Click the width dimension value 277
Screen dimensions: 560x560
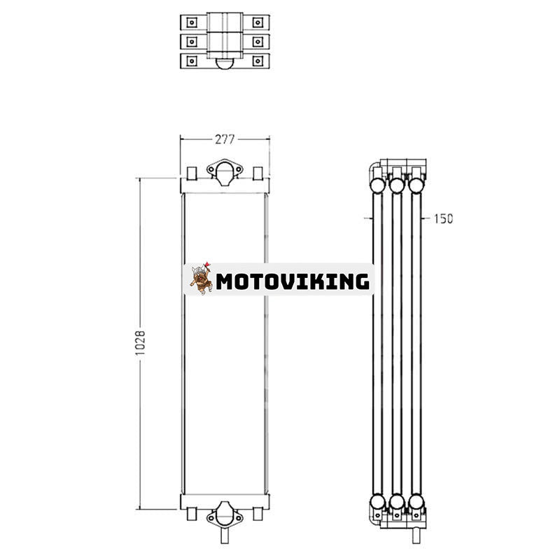(x=224, y=139)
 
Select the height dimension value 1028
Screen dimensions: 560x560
(x=140, y=342)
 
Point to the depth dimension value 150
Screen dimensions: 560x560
(x=443, y=218)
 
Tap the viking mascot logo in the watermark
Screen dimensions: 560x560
(x=201, y=279)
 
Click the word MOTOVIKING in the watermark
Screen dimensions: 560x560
(x=292, y=281)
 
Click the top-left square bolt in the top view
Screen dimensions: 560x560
(x=190, y=22)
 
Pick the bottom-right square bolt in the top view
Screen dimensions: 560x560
(x=258, y=61)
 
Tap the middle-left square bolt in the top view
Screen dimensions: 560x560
(x=190, y=41)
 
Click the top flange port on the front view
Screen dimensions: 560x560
(x=224, y=171)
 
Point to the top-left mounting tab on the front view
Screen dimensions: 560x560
(x=190, y=172)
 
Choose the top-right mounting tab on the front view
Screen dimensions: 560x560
(x=258, y=172)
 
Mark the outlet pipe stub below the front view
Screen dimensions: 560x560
(x=224, y=535)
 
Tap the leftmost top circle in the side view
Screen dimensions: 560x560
(x=377, y=185)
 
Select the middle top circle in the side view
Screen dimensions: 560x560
(x=397, y=185)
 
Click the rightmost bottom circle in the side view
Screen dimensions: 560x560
(x=416, y=502)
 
